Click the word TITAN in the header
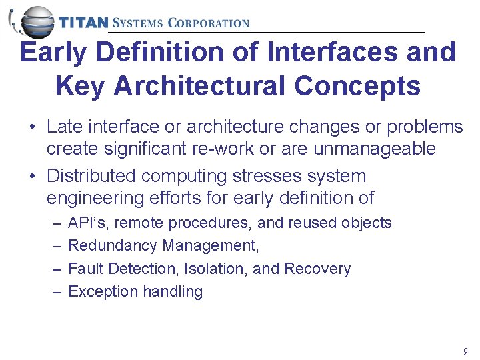[83, 23]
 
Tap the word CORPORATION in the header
[208, 23]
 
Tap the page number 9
[465, 351]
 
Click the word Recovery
[317, 269]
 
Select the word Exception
[101, 291]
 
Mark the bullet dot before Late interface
[32, 127]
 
